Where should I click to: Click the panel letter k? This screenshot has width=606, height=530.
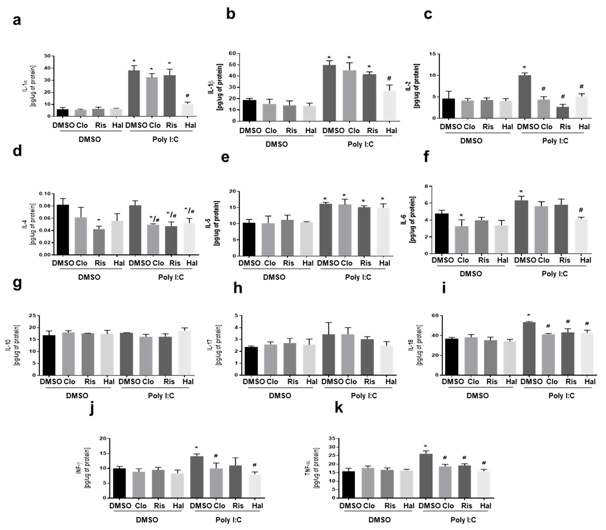339,408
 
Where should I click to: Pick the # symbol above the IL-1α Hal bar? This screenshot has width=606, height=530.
188,96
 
